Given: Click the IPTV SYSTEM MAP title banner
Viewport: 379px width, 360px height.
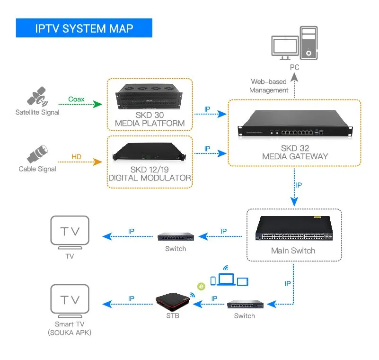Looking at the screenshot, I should click(x=84, y=28).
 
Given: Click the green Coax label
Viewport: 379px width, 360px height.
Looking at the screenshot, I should click(x=76, y=99).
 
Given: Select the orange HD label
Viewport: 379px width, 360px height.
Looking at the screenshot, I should click(x=76, y=157).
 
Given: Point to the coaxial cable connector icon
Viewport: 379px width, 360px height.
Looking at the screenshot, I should click(x=37, y=153).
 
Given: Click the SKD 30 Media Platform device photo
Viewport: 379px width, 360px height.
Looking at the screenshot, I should click(x=150, y=97).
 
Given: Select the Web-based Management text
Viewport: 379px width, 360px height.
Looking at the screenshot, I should click(x=268, y=86).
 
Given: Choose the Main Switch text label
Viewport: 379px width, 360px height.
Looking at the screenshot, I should click(x=293, y=251).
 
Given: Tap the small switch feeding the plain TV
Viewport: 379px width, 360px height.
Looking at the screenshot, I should click(x=176, y=236).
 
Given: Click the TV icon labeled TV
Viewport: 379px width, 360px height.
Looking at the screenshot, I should click(x=70, y=233).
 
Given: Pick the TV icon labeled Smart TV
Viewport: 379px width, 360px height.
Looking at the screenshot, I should click(x=70, y=301).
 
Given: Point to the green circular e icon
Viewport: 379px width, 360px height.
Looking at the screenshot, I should click(x=201, y=287).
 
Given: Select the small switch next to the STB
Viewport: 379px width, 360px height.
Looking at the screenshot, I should click(x=244, y=304).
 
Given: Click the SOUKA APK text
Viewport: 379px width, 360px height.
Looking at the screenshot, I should click(x=70, y=333).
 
